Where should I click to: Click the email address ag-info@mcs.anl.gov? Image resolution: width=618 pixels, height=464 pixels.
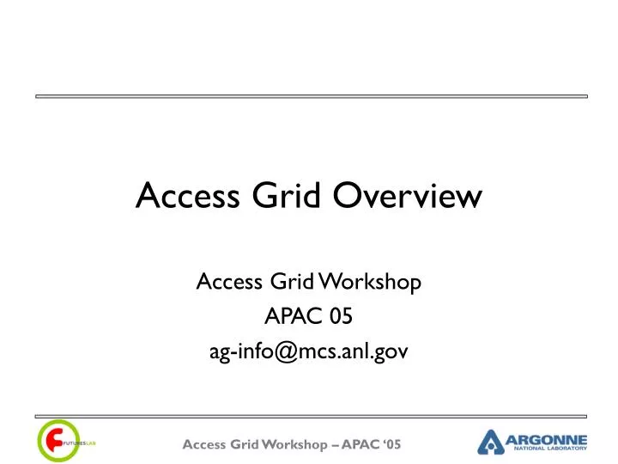[x=309, y=352]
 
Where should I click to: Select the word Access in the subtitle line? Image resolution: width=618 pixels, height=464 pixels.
[x=225, y=281]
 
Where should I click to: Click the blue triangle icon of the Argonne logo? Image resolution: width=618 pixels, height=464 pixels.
[x=491, y=443]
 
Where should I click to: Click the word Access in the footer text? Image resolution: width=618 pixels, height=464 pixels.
[x=205, y=444]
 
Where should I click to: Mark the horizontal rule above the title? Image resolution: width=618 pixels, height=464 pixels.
[x=309, y=96]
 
